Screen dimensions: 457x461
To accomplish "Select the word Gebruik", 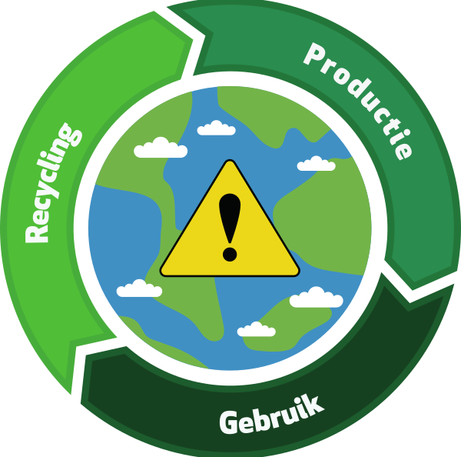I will coord(271,415).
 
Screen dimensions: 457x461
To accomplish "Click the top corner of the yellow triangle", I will coord(230,162).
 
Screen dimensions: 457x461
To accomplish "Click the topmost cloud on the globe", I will coord(216,128).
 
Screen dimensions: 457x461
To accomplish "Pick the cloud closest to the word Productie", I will coord(317,163).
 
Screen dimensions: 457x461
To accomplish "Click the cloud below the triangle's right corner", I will coord(316,297).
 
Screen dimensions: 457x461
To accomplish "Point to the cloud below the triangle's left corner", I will coord(139,289).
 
